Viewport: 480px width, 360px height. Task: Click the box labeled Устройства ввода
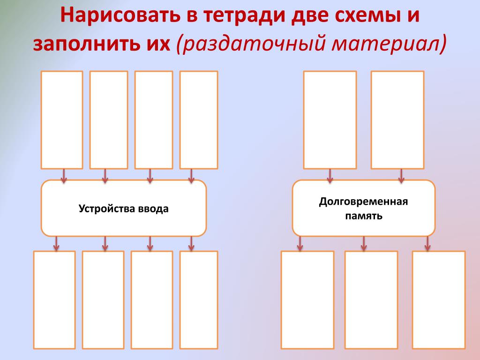[124, 208]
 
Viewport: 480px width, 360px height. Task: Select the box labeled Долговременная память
[364, 208]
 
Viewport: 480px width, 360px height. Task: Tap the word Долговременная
[364, 202]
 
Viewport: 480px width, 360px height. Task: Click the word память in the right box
[364, 216]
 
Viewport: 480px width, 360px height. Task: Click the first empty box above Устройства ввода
[62, 120]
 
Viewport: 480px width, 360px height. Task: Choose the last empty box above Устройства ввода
[199, 120]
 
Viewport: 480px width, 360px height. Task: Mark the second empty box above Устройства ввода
[109, 120]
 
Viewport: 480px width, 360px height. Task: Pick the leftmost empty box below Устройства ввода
[54, 300]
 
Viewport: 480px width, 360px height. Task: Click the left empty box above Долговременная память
[330, 120]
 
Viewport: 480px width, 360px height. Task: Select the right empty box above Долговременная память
[397, 120]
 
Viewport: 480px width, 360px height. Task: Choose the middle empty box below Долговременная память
[371, 300]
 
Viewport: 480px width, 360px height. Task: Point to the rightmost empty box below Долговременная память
[439, 300]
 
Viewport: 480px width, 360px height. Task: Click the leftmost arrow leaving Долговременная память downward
[300, 243]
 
